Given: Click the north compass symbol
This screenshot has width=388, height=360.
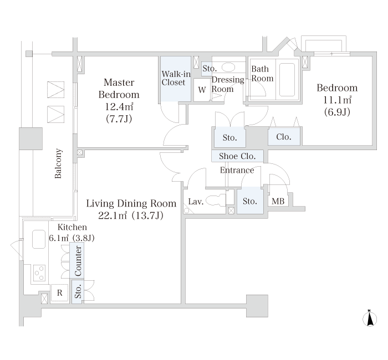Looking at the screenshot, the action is (370, 318).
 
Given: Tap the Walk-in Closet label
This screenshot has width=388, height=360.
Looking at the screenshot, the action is (176, 78).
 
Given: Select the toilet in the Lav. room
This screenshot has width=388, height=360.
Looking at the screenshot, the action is (216, 200).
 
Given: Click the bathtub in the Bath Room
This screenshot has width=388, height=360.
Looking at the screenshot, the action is (287, 80).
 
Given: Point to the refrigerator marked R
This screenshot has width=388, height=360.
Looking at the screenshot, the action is (60, 293).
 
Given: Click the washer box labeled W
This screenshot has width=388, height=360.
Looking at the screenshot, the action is (202, 90).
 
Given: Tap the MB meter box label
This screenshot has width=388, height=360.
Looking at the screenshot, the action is (278, 201).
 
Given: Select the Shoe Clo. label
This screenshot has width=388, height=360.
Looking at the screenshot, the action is (237, 156).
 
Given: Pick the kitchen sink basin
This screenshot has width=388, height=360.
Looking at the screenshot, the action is (39, 239).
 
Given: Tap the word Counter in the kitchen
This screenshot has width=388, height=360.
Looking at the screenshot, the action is (78, 261).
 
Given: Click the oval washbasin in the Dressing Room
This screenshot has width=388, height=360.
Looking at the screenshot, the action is (228, 67).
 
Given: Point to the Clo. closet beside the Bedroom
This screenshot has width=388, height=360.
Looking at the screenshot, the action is (284, 136).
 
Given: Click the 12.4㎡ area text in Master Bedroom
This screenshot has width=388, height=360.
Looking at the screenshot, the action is (119, 106).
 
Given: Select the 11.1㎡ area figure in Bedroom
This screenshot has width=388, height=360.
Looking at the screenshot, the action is (337, 100).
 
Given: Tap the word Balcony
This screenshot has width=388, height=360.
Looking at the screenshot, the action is (58, 163).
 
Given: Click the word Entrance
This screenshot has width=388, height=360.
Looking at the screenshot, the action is (237, 170).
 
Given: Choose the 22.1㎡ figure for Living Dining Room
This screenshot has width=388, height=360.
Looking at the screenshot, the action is (113, 215).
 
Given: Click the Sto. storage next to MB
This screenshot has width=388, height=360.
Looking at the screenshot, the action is (249, 200).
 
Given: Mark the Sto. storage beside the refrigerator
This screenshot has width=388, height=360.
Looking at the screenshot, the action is (78, 292).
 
